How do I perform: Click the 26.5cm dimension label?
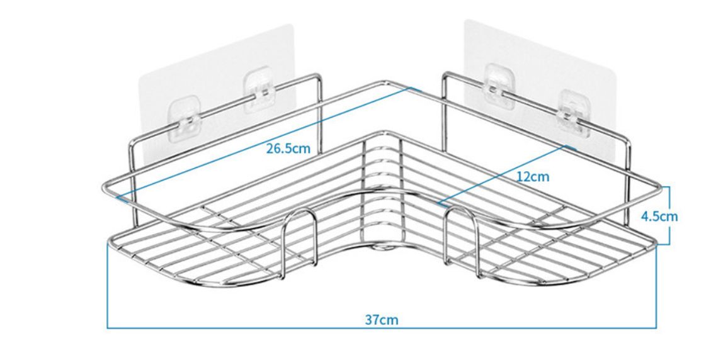tap(288, 149)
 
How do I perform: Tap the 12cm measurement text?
tap(533, 176)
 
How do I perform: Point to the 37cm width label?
tap(382, 320)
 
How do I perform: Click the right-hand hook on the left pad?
tap(258, 90)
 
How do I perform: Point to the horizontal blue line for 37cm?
tap(382, 327)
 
